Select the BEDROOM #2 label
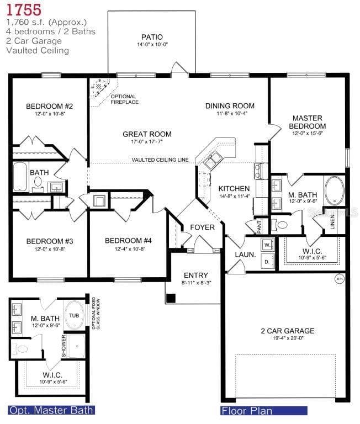click(41, 106)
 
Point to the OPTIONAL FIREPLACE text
click(124, 99)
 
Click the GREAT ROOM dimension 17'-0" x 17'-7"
click(147, 142)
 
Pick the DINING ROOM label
click(230, 106)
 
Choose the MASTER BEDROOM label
click(307, 122)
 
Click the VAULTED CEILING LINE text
click(160, 160)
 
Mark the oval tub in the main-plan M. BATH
click(334, 190)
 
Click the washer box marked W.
click(267, 243)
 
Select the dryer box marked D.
click(267, 261)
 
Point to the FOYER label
click(202, 227)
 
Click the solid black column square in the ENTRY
click(171, 298)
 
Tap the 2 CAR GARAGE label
click(287, 331)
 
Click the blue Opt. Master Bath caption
click(51, 410)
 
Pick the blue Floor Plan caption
click(247, 411)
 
